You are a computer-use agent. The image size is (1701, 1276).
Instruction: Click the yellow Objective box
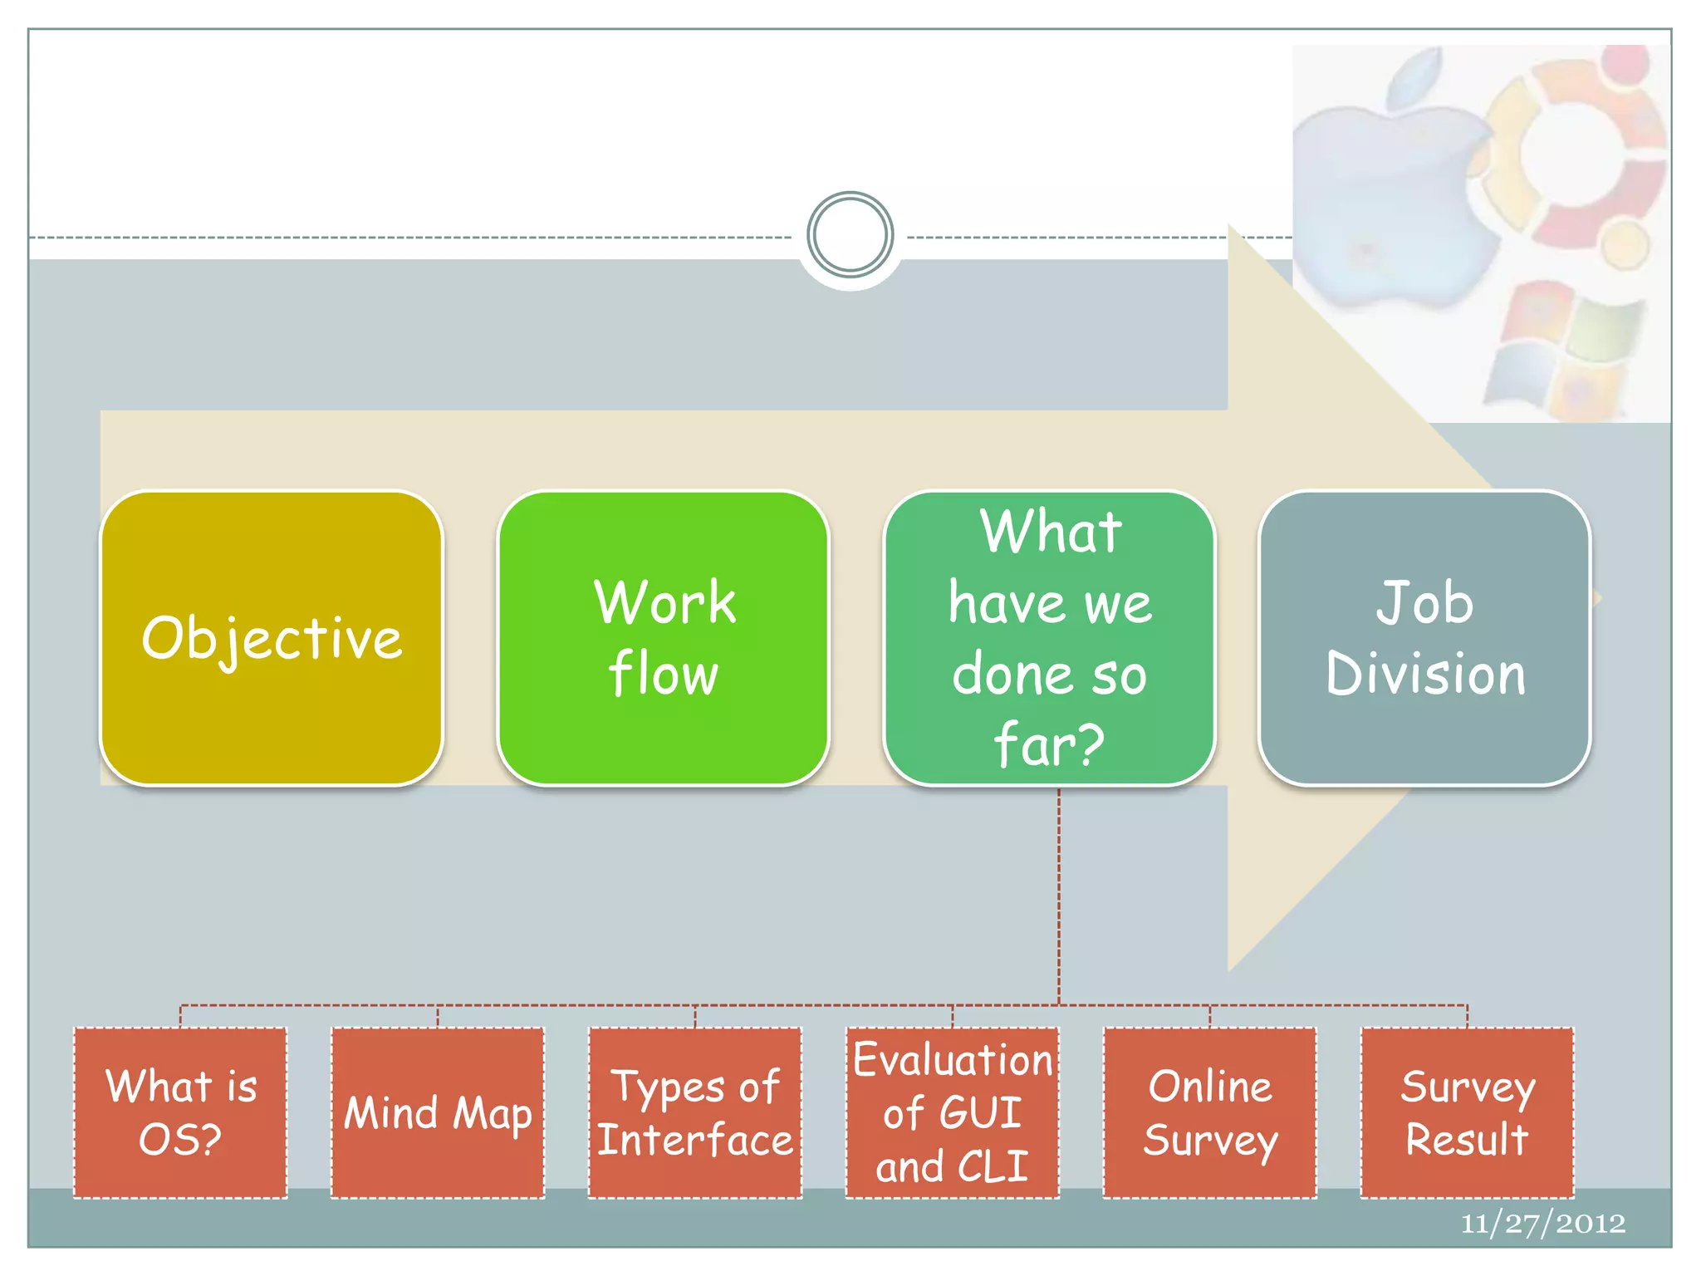[x=271, y=638]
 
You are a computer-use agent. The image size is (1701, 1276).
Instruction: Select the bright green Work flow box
[x=663, y=638]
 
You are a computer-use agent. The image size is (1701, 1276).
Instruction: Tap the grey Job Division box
[x=1424, y=638]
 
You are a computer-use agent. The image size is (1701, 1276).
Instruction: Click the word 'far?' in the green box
[x=1049, y=744]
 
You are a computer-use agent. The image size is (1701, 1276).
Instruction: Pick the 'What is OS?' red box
[x=180, y=1112]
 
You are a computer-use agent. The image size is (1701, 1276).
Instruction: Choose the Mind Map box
[x=438, y=1112]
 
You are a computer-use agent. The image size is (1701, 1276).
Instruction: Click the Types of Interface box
[x=695, y=1112]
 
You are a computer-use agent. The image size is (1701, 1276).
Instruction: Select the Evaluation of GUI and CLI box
[x=953, y=1112]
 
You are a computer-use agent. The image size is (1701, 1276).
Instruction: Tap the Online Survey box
[x=1210, y=1112]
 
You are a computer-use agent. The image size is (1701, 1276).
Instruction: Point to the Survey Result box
[x=1468, y=1112]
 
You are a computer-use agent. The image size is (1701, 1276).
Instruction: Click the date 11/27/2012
[x=1543, y=1223]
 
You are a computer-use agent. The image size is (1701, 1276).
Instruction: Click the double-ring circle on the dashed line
[x=850, y=235]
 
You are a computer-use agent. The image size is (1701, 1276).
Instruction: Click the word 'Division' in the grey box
[x=1425, y=674]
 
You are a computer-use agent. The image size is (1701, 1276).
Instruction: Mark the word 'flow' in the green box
[x=663, y=674]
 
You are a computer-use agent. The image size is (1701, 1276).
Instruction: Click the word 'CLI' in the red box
[x=993, y=1166]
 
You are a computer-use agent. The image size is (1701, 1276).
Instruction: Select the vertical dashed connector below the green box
[x=1059, y=897]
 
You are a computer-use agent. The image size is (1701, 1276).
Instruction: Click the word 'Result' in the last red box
[x=1467, y=1140]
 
